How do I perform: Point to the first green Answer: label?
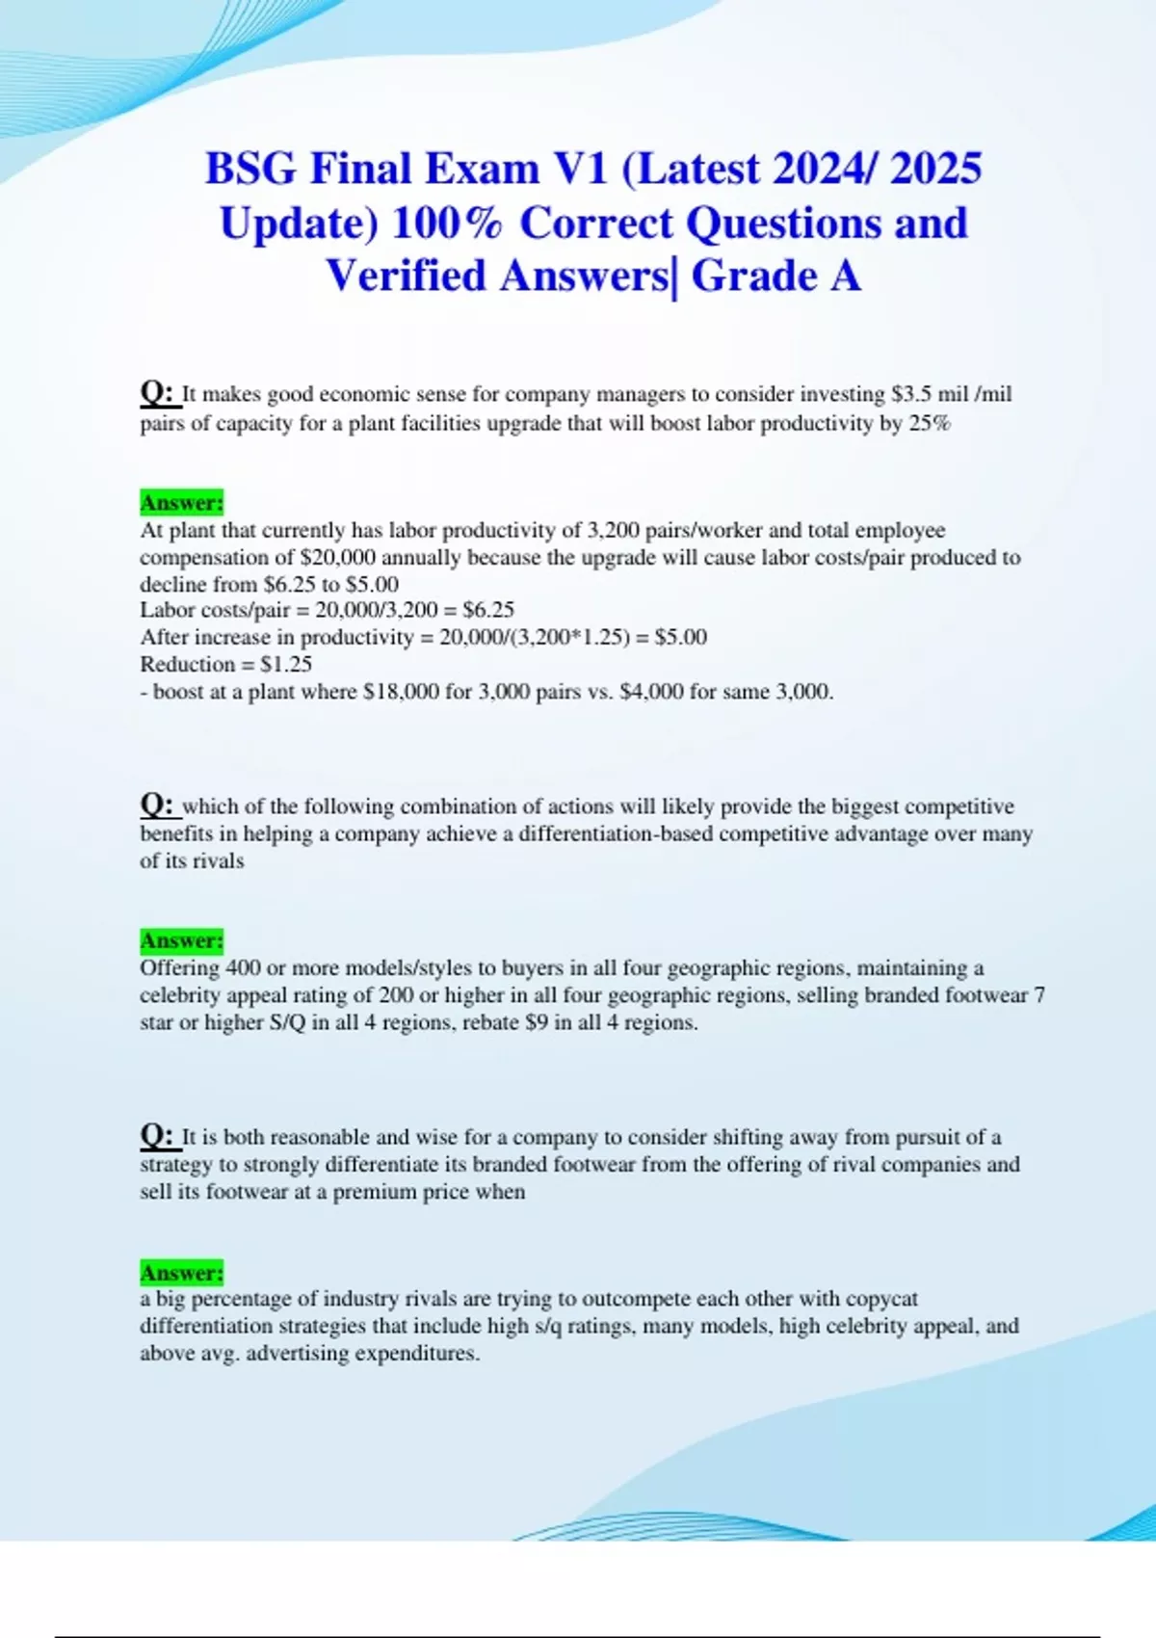click(181, 502)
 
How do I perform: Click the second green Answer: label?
click(181, 939)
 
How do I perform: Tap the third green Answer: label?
click(181, 1272)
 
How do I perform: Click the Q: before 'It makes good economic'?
click(156, 393)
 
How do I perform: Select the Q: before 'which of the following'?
click(156, 805)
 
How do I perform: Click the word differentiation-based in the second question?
click(617, 833)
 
